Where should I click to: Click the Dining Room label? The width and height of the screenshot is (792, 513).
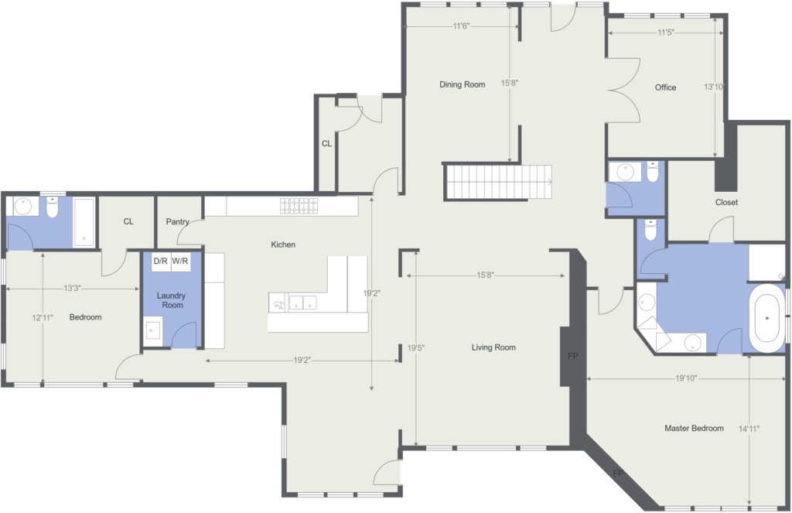[463, 84]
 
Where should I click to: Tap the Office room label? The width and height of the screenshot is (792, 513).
[665, 87]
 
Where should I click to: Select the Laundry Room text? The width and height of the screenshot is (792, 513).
[171, 300]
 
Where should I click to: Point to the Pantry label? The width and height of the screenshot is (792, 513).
[177, 221]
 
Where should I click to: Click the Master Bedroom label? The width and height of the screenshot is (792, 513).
[694, 428]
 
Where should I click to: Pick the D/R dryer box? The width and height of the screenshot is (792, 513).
[161, 262]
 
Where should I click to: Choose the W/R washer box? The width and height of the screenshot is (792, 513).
[180, 262]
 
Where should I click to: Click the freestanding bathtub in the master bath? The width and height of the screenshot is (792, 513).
[767, 319]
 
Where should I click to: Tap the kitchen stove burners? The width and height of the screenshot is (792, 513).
[299, 206]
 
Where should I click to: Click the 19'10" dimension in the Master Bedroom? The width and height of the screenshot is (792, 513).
[686, 378]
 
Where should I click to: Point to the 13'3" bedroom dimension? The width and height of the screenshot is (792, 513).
[72, 288]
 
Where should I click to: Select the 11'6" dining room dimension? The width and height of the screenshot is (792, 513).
[461, 26]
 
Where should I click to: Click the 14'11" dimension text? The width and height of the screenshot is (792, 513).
[749, 429]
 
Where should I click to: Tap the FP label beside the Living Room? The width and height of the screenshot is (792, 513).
[572, 356]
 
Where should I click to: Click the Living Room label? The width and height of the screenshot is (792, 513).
[493, 347]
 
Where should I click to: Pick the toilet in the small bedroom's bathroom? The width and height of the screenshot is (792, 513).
[53, 207]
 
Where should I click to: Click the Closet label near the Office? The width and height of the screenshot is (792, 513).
[726, 202]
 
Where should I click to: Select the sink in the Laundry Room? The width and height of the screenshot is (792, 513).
[152, 330]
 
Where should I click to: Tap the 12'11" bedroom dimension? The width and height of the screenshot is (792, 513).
[43, 317]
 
